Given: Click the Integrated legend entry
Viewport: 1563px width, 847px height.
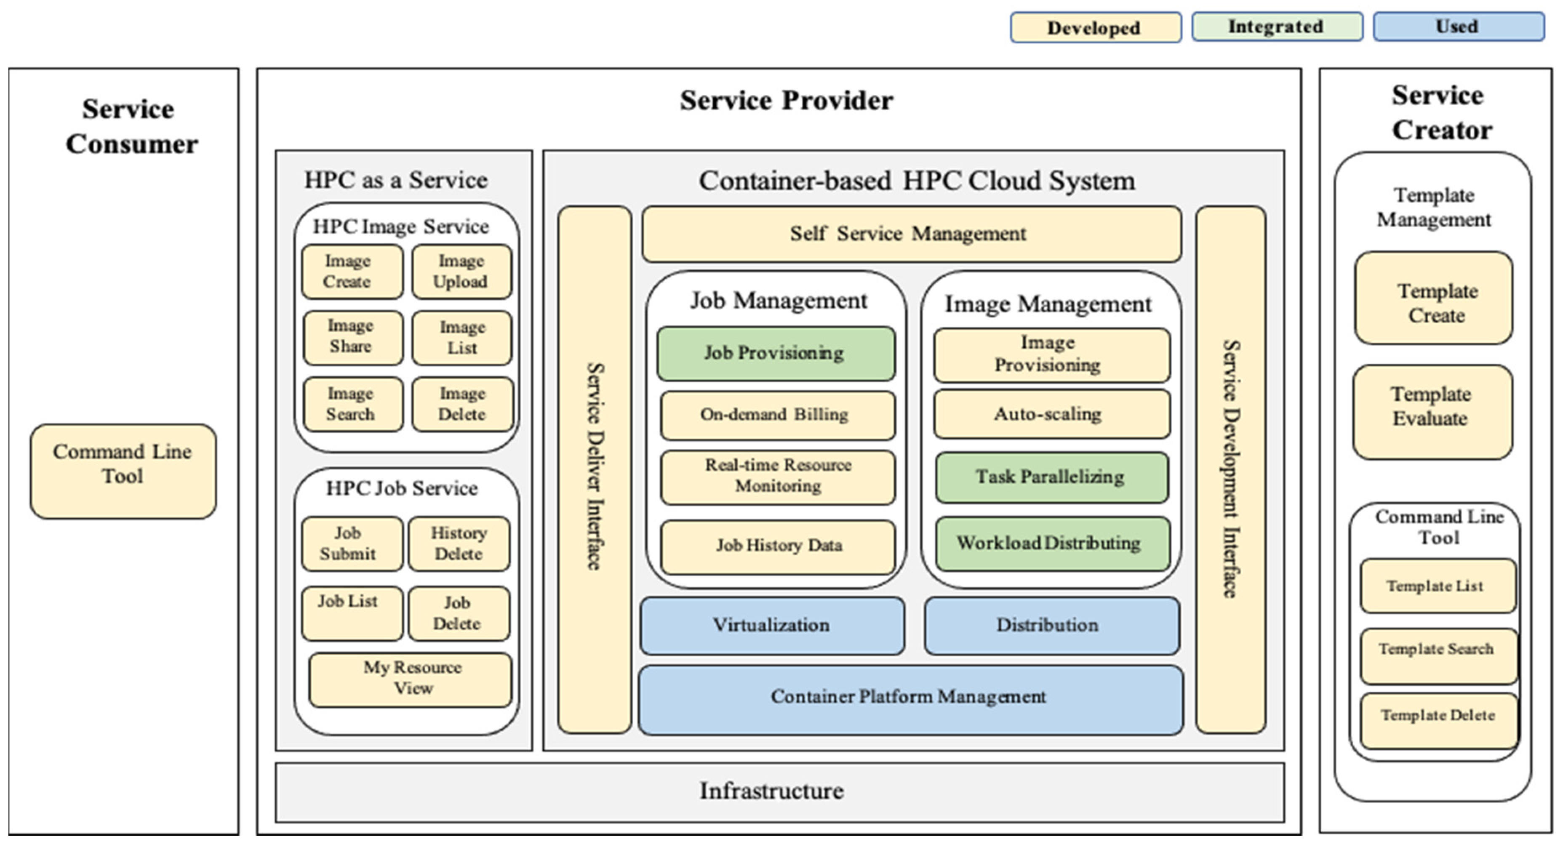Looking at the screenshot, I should pyautogui.click(x=1277, y=27).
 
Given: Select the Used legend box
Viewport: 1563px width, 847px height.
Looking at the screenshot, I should pyautogui.click(x=1458, y=27).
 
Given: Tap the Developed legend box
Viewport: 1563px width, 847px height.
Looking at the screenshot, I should pyautogui.click(x=1095, y=28).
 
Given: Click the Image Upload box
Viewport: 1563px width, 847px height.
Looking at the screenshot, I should pyautogui.click(x=461, y=271).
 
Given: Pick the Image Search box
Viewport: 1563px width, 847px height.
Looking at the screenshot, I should pyautogui.click(x=352, y=404).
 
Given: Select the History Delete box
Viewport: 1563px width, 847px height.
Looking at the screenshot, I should pyautogui.click(x=459, y=543).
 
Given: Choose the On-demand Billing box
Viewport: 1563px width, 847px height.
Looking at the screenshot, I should pyautogui.click(x=776, y=415).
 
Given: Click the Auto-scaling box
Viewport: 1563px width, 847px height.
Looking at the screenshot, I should pyautogui.click(x=1051, y=414).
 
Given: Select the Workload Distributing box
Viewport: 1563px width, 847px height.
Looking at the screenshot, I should pyautogui.click(x=1051, y=543).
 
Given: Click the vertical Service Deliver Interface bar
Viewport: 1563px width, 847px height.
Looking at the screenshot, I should pyautogui.click(x=594, y=467).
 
